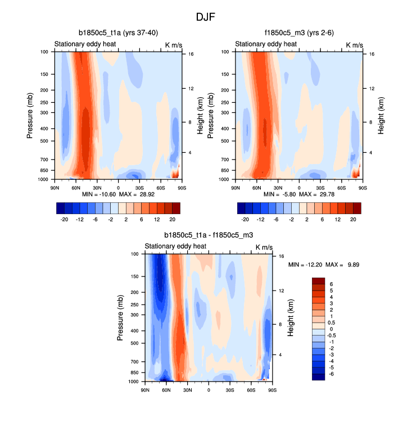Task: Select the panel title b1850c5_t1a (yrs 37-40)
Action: tap(117, 33)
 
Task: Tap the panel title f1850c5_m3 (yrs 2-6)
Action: tap(298, 33)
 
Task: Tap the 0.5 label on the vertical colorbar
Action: tap(332, 323)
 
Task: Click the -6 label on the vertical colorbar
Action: tap(332, 373)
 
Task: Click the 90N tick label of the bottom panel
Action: tap(145, 390)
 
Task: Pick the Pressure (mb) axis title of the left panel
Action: tap(30, 116)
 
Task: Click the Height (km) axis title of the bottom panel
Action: tap(291, 318)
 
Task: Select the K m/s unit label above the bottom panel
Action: tap(264, 247)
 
